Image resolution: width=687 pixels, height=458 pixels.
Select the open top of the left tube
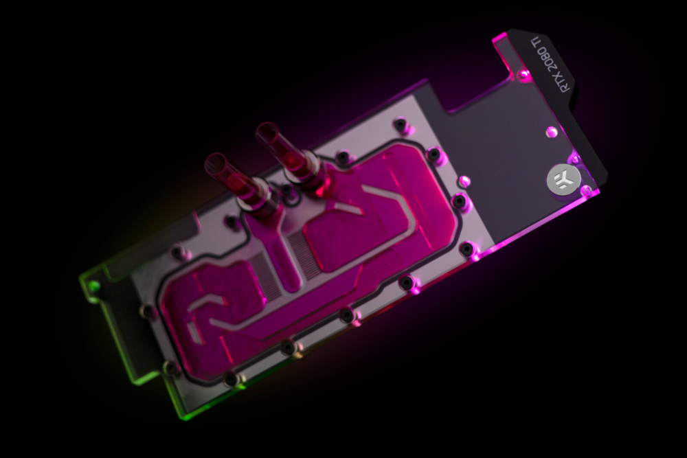point(214,163)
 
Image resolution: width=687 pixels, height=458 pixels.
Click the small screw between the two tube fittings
point(287,190)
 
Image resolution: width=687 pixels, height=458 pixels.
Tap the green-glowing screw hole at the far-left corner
point(93,287)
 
